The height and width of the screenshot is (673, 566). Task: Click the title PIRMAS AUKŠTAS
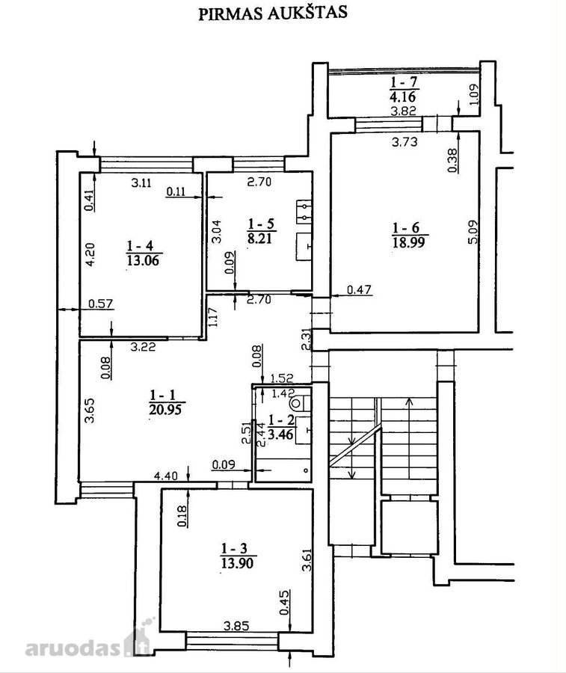point(272,13)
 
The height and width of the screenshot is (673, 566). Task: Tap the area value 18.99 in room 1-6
point(408,242)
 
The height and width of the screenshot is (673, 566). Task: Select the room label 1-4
point(140,245)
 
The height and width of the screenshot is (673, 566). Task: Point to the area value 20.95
point(165,409)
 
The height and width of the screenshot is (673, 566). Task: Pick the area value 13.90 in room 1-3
point(237,562)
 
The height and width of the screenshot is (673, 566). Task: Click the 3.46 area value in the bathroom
point(280,434)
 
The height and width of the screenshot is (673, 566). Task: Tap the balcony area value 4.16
point(403,95)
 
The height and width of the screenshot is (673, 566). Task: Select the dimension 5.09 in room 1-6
point(473,233)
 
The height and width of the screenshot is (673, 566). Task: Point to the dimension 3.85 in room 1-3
point(236,626)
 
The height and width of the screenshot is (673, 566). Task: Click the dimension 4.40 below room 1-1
point(166,476)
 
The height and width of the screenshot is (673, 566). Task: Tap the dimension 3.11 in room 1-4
point(141,183)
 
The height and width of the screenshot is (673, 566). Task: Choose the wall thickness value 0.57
point(100,304)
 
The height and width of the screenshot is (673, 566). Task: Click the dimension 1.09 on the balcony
point(473,94)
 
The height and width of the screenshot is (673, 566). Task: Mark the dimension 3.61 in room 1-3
point(307,560)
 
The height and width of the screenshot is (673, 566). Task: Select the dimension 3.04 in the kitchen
point(217,231)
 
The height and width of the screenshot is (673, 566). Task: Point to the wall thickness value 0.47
point(359,289)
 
